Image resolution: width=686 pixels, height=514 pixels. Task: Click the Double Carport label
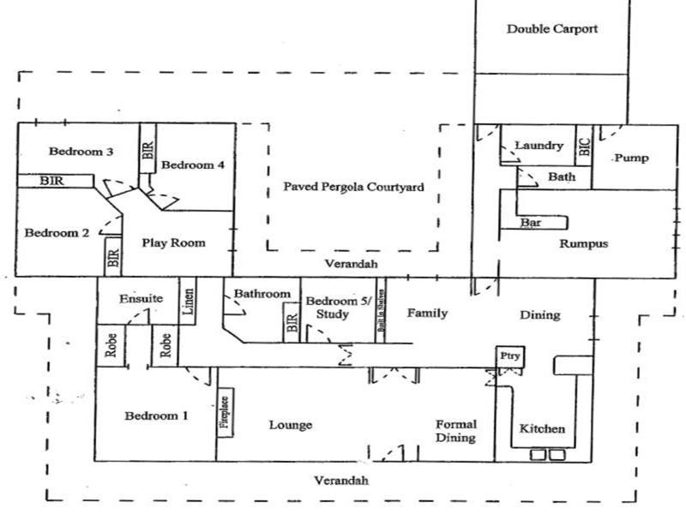tap(551, 29)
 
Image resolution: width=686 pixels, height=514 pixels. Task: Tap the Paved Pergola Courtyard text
tap(353, 187)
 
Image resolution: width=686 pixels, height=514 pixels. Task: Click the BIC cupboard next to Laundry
tap(584, 146)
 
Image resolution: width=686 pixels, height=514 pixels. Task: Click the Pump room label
tap(631, 158)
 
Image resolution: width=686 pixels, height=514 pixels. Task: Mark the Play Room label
tap(173, 242)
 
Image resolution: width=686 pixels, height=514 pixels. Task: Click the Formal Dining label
tap(455, 431)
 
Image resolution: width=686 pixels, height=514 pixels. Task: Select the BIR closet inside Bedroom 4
tap(147, 152)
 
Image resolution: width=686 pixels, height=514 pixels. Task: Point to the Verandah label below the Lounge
tap(340, 481)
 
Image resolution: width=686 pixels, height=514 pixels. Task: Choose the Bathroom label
tap(262, 294)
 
